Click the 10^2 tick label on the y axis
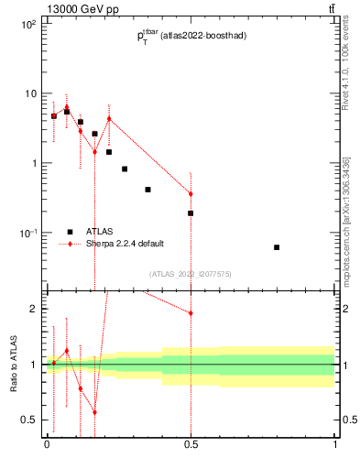tap(28, 25)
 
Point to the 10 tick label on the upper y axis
tap(30, 93)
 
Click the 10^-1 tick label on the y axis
tap(28, 233)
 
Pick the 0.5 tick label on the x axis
tap(191, 446)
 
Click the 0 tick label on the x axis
tap(47, 446)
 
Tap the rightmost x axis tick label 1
tap(335, 446)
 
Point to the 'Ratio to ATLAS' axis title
tap(14, 364)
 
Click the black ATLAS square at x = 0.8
tap(277, 247)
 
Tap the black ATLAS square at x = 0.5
tap(191, 213)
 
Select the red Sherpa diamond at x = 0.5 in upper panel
tap(191, 194)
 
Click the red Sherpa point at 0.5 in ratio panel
tap(191, 313)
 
